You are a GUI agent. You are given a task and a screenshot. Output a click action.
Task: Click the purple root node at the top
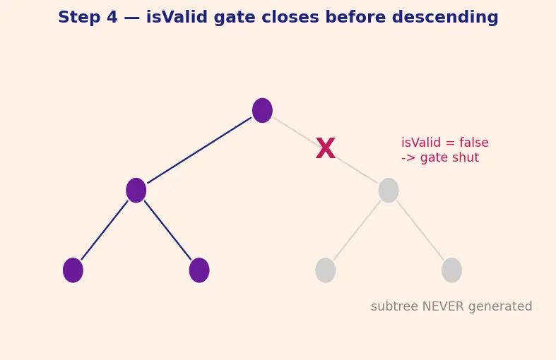click(x=262, y=111)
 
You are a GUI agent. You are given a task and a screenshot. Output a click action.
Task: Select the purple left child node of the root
click(x=136, y=191)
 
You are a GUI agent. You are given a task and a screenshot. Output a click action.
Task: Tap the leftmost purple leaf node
click(x=73, y=270)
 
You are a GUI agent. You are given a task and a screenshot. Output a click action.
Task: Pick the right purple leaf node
click(x=199, y=270)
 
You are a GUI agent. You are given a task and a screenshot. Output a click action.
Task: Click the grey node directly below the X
click(x=389, y=191)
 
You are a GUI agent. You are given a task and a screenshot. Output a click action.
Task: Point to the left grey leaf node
click(x=326, y=270)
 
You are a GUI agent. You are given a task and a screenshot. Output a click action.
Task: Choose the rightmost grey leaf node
click(x=451, y=270)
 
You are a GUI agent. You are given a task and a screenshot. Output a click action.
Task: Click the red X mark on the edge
click(x=326, y=148)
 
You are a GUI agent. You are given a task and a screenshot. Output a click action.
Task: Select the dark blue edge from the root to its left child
click(x=199, y=150)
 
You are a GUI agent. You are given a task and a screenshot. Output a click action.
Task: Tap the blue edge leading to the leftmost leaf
click(x=105, y=230)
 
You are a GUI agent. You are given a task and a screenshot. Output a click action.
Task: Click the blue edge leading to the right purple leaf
click(x=167, y=230)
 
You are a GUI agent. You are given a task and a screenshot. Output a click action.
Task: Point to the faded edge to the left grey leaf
click(x=357, y=230)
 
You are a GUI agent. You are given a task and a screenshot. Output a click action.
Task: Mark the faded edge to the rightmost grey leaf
click(x=420, y=230)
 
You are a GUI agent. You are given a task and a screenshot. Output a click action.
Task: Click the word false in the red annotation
click(x=474, y=143)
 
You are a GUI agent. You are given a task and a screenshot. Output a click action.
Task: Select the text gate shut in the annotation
click(x=449, y=158)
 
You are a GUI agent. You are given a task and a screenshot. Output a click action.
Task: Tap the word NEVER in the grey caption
click(x=444, y=306)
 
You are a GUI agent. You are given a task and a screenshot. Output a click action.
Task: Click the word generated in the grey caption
click(x=500, y=307)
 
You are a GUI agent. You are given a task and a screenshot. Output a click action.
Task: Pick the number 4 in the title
click(x=112, y=17)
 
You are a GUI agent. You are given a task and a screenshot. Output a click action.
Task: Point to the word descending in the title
click(x=445, y=18)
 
